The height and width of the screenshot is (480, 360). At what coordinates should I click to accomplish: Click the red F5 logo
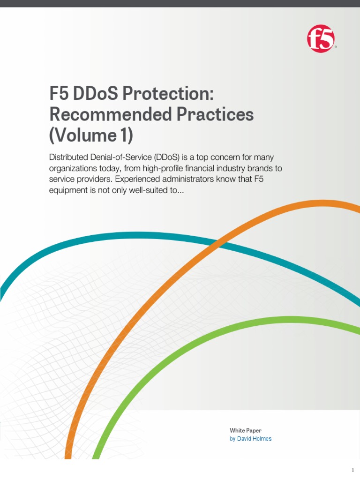321,39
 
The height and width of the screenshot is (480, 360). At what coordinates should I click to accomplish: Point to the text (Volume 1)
91,135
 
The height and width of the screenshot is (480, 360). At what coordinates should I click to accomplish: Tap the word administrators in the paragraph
199,180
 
